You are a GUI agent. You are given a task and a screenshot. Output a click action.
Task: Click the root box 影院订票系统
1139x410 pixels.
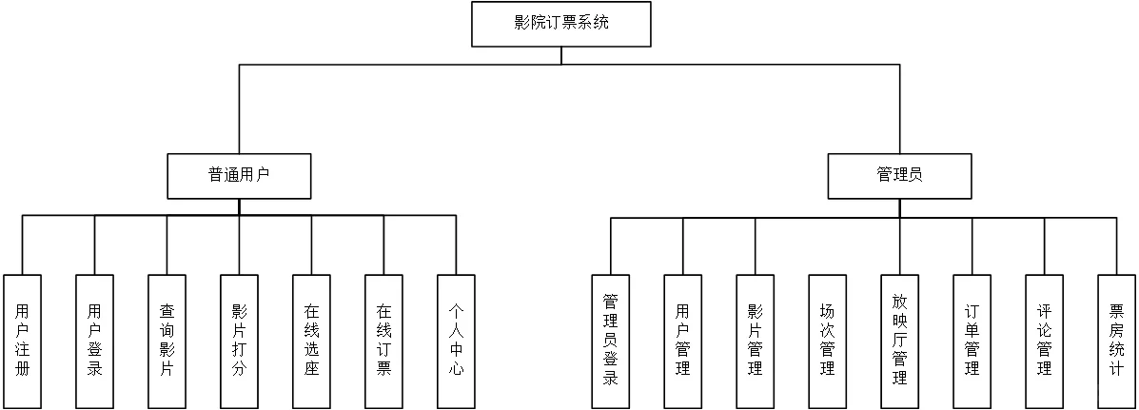561,24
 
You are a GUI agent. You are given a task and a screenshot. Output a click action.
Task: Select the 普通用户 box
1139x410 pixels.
239,176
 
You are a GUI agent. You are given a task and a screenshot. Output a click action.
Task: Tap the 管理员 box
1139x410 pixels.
899,176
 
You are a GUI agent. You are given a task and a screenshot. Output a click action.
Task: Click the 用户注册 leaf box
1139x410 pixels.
22,342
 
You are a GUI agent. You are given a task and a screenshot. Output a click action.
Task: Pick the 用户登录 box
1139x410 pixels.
94,342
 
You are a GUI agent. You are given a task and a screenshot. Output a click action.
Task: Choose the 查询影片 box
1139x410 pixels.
167,342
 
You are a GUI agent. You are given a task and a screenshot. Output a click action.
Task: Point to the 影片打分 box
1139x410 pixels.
239,342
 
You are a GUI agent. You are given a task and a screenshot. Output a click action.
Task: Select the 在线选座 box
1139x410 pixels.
311,342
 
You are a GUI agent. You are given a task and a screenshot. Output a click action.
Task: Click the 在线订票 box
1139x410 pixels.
383,342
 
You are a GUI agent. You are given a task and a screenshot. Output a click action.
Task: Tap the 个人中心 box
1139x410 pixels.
456,342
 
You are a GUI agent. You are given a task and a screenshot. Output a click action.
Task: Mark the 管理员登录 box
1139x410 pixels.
611,342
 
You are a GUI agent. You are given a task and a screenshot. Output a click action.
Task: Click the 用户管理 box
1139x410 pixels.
682,342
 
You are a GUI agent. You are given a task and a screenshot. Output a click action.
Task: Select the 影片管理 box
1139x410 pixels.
755,342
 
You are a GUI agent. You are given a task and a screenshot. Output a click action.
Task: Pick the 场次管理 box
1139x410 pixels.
827,342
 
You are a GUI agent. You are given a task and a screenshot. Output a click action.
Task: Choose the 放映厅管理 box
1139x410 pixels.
899,342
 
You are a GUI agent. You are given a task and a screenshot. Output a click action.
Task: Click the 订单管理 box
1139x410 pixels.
972,342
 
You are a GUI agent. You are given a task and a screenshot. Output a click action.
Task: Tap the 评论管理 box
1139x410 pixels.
1044,342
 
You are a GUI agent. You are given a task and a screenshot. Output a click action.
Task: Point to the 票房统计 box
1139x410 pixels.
1116,342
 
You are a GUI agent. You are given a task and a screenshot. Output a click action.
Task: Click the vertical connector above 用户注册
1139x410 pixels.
22,245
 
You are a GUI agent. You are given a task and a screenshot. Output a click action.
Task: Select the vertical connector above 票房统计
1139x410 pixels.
1116,246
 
